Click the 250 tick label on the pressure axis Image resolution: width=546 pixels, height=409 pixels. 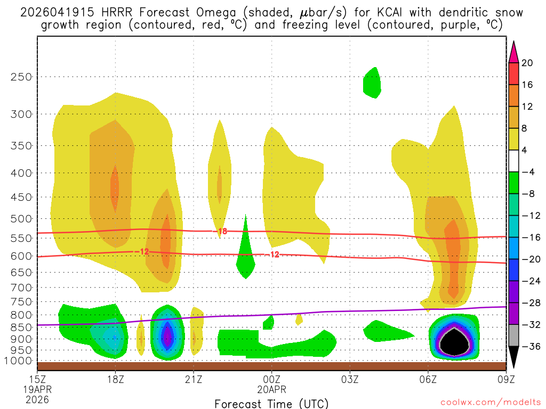21,77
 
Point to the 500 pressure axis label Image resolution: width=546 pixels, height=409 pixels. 21,218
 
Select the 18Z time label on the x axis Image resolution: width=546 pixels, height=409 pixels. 115,380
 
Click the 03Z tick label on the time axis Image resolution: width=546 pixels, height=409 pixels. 350,380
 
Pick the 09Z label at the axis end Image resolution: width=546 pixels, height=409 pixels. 505,380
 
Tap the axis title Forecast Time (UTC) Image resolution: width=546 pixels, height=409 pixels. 271,403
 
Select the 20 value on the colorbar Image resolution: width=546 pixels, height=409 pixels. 527,63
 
